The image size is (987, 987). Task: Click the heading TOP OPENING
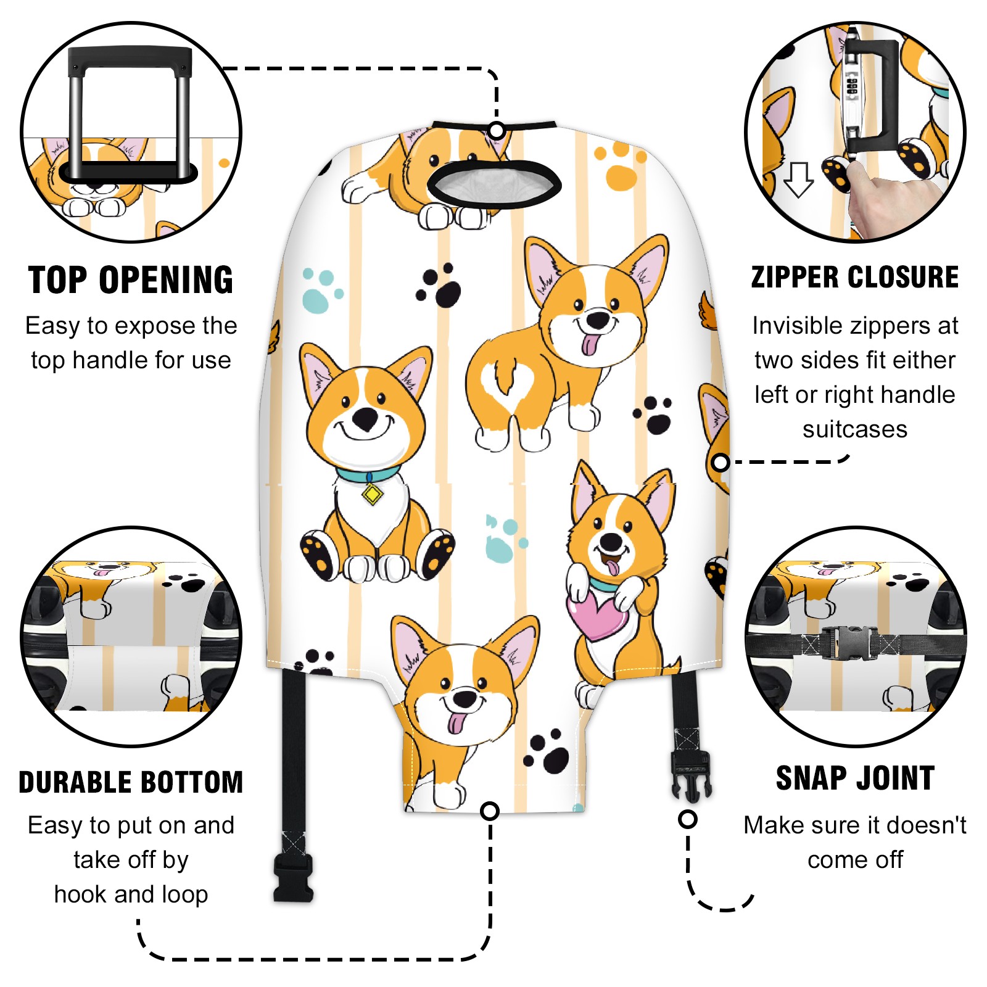pos(131,280)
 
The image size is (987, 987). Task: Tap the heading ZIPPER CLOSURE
pos(855,277)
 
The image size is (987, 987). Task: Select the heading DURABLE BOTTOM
pos(131,782)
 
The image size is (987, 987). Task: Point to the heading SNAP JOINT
pos(855,778)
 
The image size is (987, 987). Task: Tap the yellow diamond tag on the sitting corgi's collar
pos(371,494)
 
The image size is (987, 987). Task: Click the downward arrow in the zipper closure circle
pos(799,180)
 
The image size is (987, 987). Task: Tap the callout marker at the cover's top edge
pos(497,131)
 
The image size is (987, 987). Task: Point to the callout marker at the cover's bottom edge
pos(490,811)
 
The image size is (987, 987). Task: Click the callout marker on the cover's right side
pos(721,462)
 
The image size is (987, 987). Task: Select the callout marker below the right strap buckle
pos(687,819)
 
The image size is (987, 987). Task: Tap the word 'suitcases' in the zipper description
pos(855,429)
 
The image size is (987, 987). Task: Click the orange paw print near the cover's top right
pos(620,165)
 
